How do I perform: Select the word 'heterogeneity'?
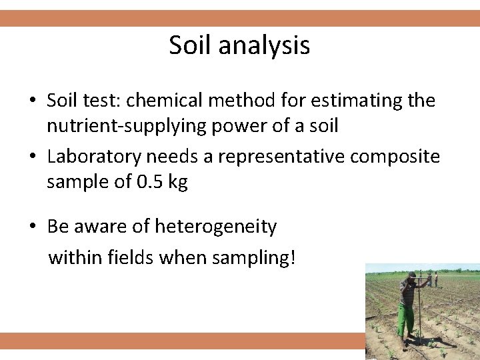[x=215, y=227]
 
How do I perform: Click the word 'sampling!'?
[x=260, y=257]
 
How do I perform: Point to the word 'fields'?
[x=131, y=257]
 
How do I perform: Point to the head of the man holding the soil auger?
[x=412, y=277]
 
